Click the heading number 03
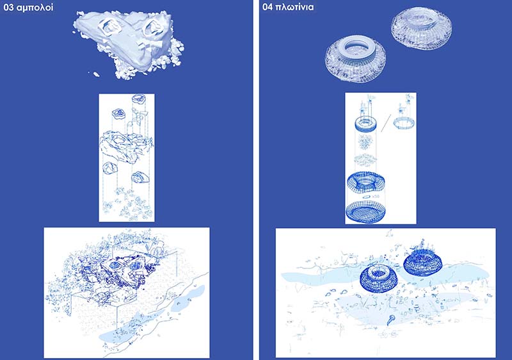(x=8, y=7)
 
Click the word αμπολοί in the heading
(x=35, y=8)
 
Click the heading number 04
(x=268, y=7)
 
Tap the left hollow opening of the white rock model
(x=110, y=27)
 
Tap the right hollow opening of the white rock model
(x=152, y=27)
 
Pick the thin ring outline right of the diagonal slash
(x=404, y=123)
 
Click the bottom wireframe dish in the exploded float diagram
(x=365, y=211)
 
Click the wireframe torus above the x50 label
(x=365, y=182)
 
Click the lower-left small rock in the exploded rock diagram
(x=109, y=168)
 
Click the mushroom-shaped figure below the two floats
(x=390, y=320)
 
